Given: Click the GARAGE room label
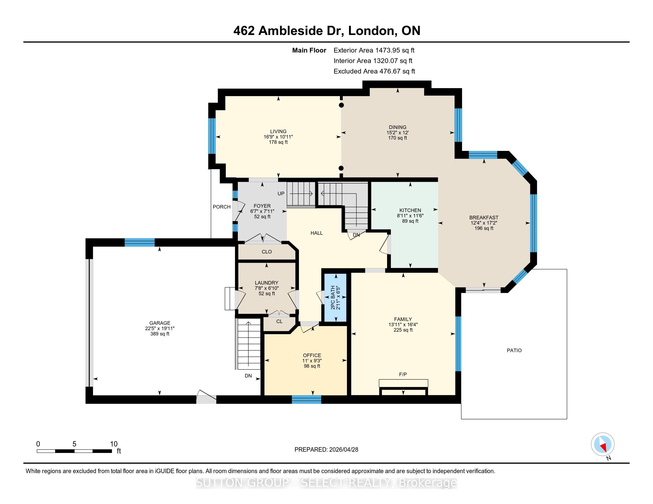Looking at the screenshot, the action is [x=160, y=323].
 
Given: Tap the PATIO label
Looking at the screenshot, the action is [x=514, y=350].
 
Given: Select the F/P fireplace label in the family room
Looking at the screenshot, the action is [x=403, y=374].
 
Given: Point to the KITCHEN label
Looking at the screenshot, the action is [x=410, y=210].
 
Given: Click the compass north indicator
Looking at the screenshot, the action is [x=603, y=444].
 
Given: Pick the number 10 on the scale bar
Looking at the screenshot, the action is [x=114, y=444].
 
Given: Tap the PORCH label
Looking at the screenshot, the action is [x=221, y=207].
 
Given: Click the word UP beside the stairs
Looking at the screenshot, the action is [x=281, y=194].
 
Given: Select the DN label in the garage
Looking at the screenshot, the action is [x=248, y=376].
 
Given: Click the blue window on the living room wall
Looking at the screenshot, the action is [x=212, y=136].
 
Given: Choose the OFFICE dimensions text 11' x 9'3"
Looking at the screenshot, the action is [x=312, y=361].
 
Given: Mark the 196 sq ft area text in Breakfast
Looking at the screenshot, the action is [x=484, y=228].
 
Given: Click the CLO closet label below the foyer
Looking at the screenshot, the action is [x=267, y=252].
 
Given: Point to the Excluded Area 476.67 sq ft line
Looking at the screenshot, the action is [x=374, y=71].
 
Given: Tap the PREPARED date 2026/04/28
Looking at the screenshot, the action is [x=343, y=449].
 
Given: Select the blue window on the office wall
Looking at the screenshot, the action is [x=307, y=400].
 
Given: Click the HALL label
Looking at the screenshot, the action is [x=317, y=233].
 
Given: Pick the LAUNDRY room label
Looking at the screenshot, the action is [x=267, y=283].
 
